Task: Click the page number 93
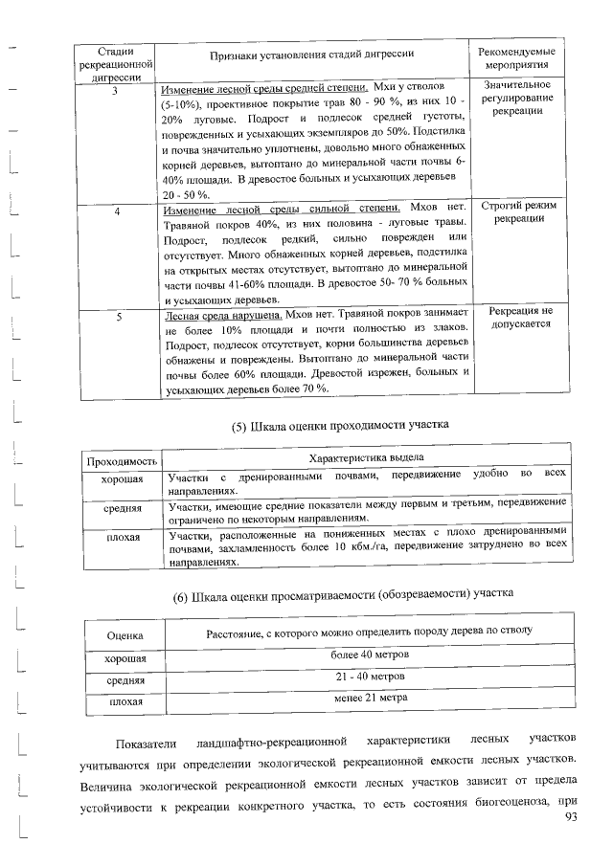click(574, 816)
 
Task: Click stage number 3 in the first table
click(115, 91)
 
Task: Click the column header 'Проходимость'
click(122, 462)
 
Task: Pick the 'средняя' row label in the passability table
click(122, 508)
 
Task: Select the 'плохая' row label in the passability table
click(122, 538)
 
